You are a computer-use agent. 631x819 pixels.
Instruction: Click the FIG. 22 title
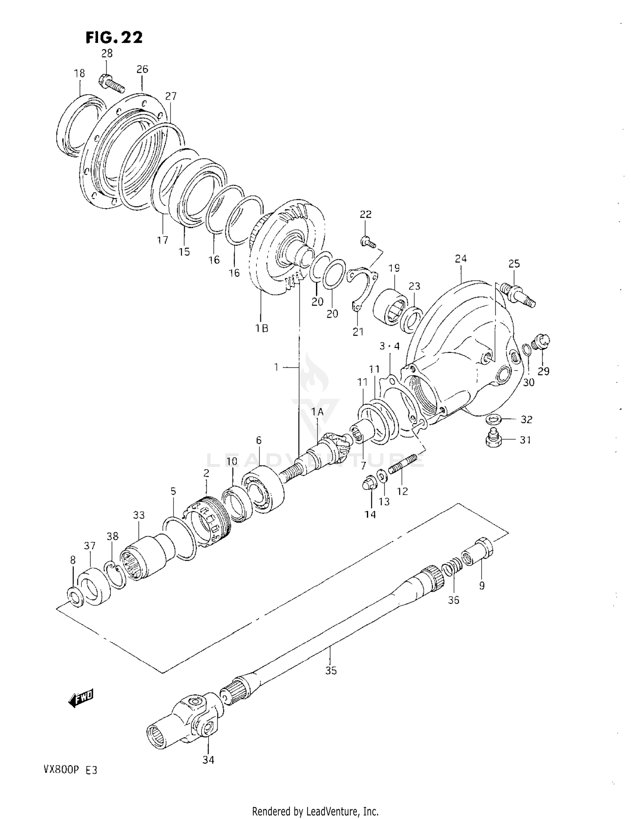114,37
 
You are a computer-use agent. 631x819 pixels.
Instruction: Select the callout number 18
79,73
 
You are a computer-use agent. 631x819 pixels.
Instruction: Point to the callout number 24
461,258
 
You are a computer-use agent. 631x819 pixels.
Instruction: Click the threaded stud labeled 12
403,464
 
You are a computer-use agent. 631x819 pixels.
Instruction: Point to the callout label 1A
318,412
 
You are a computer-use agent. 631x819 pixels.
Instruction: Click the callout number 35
331,671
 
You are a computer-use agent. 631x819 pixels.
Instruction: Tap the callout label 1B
262,328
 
